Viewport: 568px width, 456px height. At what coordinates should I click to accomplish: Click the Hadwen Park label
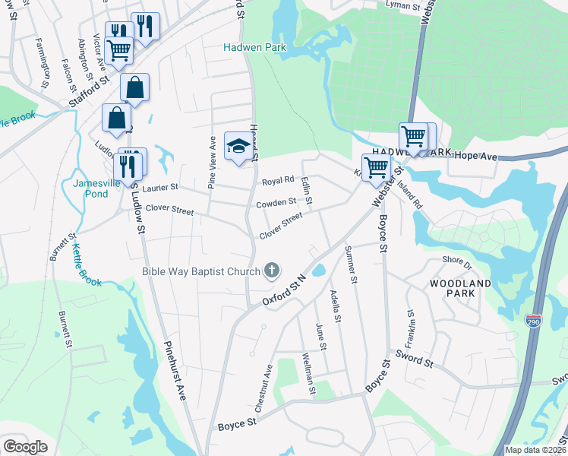253,46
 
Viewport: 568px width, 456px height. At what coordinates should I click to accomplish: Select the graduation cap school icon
238,146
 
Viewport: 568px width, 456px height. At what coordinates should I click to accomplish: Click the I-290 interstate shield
534,321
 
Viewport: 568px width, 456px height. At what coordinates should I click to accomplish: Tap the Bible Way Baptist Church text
200,271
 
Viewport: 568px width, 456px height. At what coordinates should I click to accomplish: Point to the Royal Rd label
278,181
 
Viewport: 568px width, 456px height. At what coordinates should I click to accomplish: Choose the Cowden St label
276,202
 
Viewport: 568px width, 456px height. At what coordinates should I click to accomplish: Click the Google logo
26,447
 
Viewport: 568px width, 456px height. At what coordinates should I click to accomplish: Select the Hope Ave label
475,156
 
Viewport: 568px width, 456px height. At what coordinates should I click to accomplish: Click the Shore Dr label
458,263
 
